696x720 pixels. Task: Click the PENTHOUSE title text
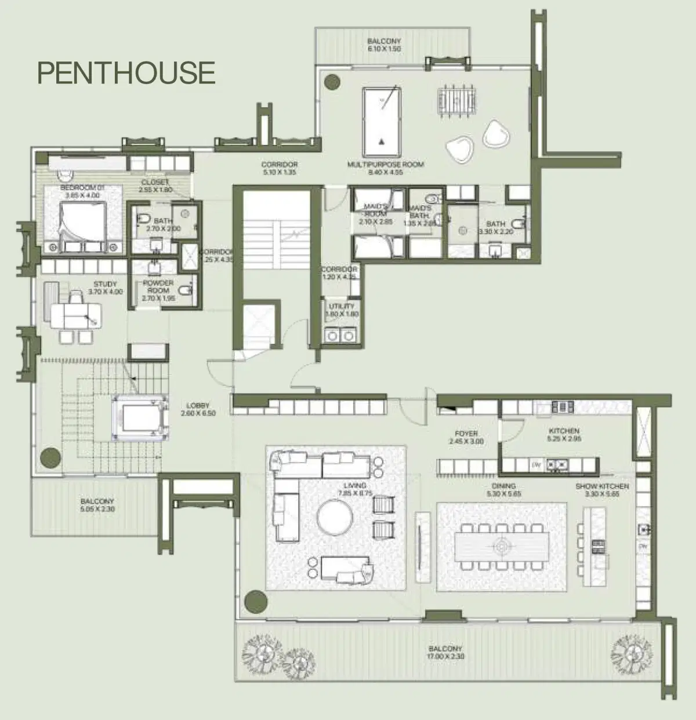126,72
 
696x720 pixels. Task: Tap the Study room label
105,288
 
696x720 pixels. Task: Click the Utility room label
341,310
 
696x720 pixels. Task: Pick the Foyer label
466,437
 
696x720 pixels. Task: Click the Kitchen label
564,435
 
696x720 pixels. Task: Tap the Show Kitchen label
602,490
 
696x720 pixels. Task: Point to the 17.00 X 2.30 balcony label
445,653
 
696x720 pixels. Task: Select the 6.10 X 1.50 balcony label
384,45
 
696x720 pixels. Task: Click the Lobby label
198,409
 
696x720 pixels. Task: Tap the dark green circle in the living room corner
255,602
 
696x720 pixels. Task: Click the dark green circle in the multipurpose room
332,82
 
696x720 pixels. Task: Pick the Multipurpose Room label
385,168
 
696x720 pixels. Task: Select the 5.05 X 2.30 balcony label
97,505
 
